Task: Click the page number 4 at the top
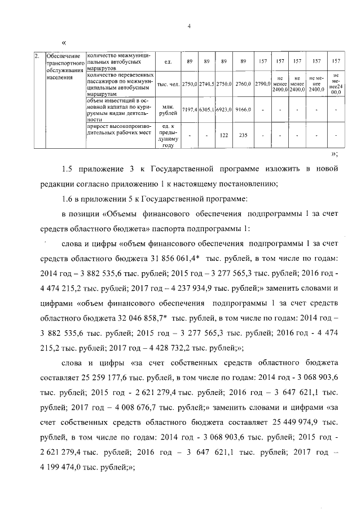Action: tap(189, 26)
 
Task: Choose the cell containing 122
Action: tap(224, 135)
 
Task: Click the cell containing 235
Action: tap(243, 135)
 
